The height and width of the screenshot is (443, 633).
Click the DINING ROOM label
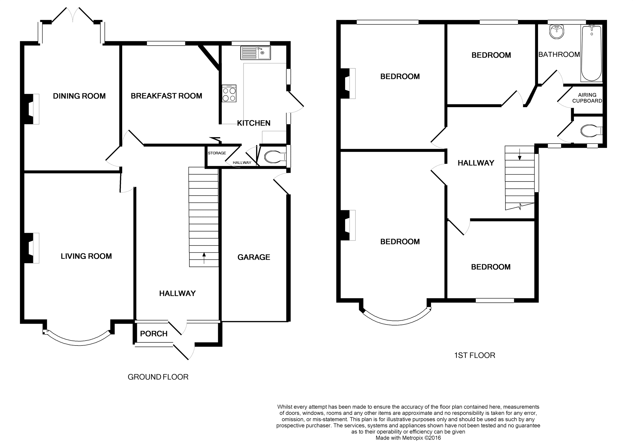(79, 96)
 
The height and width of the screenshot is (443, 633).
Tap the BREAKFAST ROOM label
(166, 96)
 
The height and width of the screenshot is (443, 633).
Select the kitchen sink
(255, 53)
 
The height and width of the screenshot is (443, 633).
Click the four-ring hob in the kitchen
(229, 93)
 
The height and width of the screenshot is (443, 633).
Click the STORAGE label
(217, 153)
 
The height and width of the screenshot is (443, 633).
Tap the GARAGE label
(254, 257)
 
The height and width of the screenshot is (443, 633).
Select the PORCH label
(154, 334)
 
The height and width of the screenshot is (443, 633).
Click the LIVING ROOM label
(86, 256)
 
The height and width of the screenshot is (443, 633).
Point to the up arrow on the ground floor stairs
(204, 258)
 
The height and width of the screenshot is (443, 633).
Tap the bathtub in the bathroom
(591, 53)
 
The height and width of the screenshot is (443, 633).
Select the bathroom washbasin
(557, 32)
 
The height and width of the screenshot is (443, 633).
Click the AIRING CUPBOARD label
(587, 98)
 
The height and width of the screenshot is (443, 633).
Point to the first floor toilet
(591, 131)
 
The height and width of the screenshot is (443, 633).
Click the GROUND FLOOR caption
(158, 377)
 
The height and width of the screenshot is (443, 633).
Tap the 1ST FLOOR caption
(475, 356)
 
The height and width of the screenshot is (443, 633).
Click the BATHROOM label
(559, 55)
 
